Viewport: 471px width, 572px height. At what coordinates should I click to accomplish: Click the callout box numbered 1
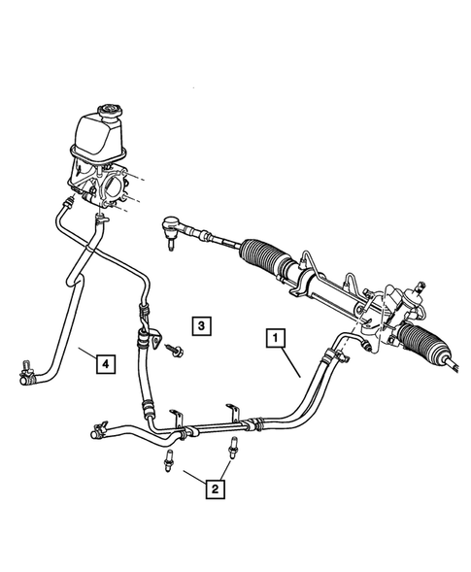277,338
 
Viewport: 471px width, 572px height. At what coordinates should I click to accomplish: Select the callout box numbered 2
211,489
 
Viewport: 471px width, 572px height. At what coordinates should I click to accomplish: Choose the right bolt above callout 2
234,449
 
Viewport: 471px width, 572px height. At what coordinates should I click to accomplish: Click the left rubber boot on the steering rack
265,255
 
